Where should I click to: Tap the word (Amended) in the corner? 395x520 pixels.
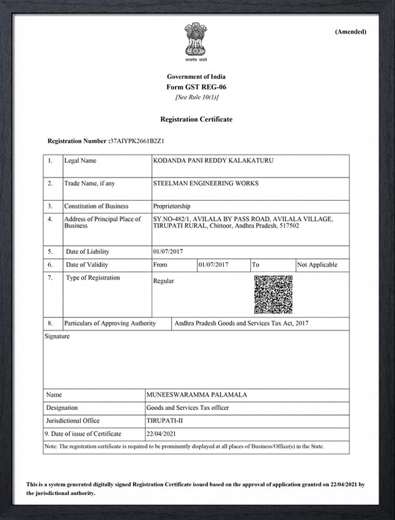click(x=351, y=32)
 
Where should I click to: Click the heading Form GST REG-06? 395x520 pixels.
click(x=196, y=87)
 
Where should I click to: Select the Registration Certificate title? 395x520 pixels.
click(x=196, y=119)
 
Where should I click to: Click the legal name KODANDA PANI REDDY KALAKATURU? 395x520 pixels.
click(x=213, y=161)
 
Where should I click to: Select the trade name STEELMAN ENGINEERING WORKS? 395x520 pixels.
click(x=206, y=184)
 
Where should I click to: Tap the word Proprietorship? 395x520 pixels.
click(x=172, y=206)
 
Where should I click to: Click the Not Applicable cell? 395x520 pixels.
click(x=317, y=265)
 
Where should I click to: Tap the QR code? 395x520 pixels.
click(x=273, y=294)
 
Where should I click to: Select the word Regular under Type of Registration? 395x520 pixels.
click(x=164, y=281)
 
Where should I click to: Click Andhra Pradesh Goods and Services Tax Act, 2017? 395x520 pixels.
click(x=242, y=324)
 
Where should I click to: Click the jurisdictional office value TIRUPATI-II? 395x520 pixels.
click(x=162, y=421)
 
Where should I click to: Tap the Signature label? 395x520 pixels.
click(x=57, y=337)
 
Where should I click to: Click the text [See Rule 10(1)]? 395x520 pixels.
click(x=196, y=97)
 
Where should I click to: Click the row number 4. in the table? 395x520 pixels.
click(x=50, y=219)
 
